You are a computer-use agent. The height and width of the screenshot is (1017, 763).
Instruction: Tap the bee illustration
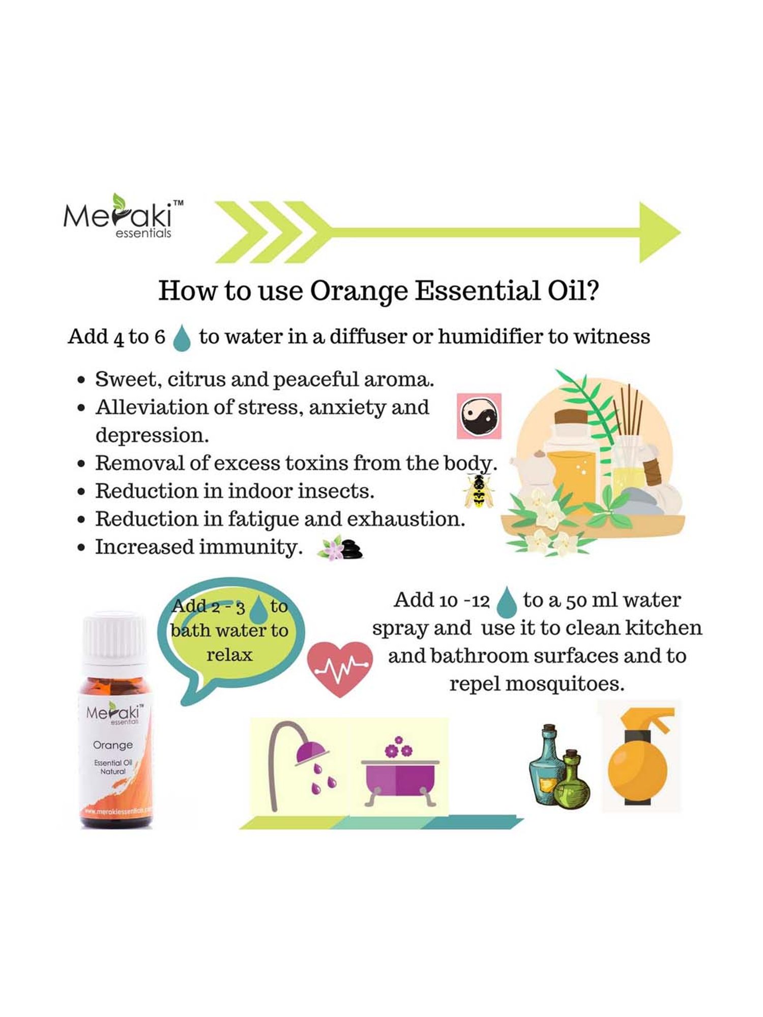click(479, 491)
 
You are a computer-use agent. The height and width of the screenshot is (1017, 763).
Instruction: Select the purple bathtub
click(400, 778)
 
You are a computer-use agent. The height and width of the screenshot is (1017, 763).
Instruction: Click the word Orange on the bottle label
click(112, 745)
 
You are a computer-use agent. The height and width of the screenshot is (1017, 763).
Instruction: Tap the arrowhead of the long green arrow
click(659, 232)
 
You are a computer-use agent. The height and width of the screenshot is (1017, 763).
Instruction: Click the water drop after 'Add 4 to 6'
click(182, 338)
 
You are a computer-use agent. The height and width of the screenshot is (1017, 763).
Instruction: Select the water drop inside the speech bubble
click(259, 609)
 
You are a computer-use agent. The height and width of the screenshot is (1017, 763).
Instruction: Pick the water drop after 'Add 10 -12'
click(506, 602)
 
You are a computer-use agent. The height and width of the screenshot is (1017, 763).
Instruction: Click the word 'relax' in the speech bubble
click(229, 654)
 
